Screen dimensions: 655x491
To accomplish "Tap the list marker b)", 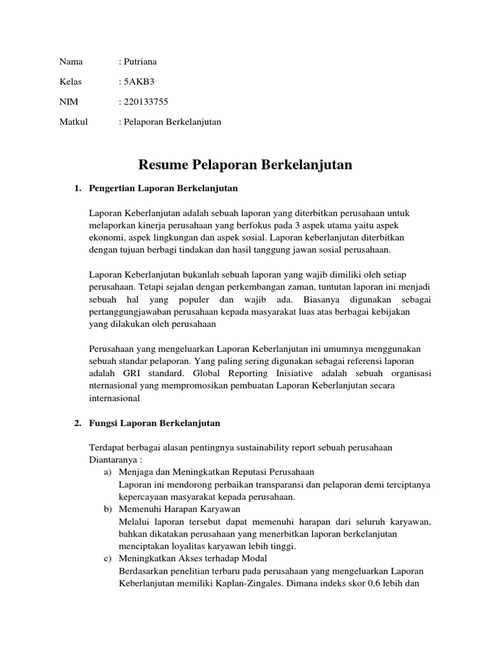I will click(107, 509).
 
